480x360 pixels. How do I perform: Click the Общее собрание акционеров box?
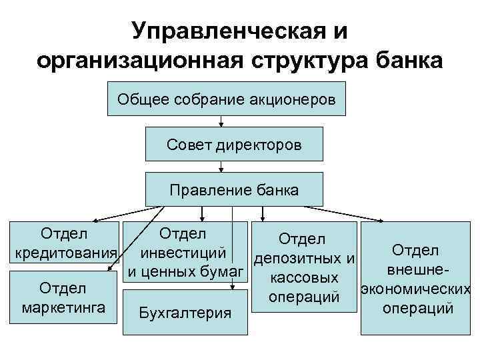(227, 99)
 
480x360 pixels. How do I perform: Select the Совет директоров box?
(234, 144)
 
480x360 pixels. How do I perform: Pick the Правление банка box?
(234, 189)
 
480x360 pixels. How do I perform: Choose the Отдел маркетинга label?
(63, 297)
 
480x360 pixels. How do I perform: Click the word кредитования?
(65, 255)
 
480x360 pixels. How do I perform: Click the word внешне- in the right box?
(415, 271)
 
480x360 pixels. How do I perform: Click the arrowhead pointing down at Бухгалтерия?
(231, 286)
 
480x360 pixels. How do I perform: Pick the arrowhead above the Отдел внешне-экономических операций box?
(381, 221)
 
